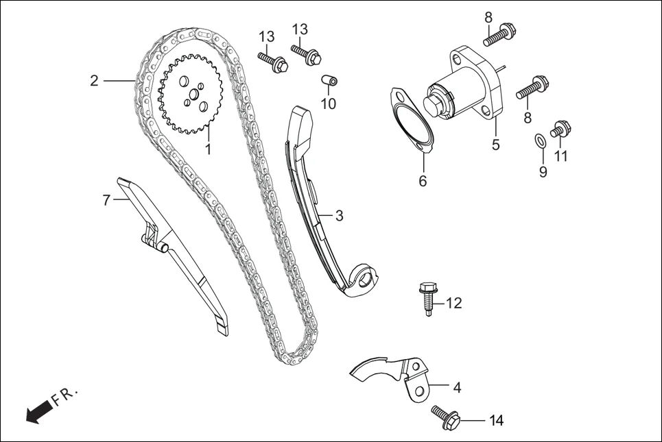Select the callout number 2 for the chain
(x=94, y=81)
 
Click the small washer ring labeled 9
(x=540, y=141)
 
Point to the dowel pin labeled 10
(x=331, y=83)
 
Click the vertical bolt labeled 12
(x=427, y=299)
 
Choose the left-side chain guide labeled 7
(x=172, y=254)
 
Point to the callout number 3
(x=339, y=215)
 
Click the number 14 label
(x=495, y=420)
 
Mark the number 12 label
(x=453, y=302)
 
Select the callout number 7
(x=106, y=200)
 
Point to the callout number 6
(x=423, y=181)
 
